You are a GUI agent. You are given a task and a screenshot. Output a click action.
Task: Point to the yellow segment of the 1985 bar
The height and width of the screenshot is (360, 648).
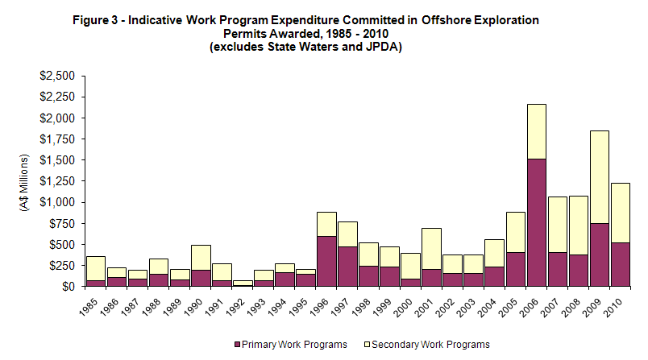point(96,268)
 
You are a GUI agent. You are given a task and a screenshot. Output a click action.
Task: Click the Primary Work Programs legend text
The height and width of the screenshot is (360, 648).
point(295,344)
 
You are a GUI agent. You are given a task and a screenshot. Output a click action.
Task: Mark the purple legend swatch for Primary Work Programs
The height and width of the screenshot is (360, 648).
point(237,344)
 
